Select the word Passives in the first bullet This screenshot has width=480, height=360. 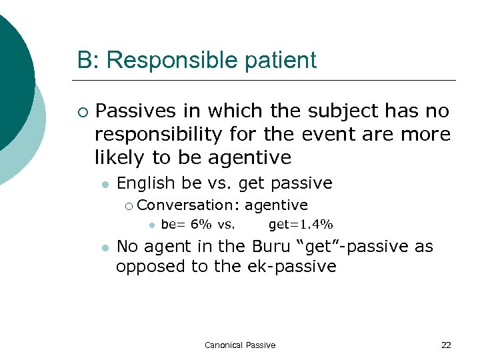[135, 111]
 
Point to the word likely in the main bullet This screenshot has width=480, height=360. [117, 157]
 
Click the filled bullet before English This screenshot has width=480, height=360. [104, 183]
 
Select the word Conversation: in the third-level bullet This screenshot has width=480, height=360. [189, 205]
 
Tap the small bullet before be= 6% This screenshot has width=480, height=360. [151, 225]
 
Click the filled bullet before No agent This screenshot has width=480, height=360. [104, 247]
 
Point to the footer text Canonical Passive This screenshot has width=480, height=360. [240, 345]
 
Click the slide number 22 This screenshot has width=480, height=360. [446, 345]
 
